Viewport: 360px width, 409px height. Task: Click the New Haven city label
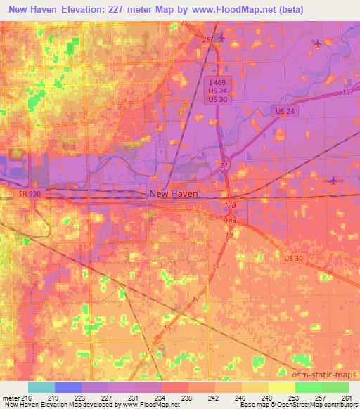[x=173, y=193]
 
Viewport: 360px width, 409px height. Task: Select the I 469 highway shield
[x=217, y=82]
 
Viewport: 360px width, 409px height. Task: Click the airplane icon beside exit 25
[x=221, y=37]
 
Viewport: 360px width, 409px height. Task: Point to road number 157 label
[x=347, y=93]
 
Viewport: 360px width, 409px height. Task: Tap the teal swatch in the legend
[x=41, y=387]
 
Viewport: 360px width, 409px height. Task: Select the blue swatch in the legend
[x=68, y=387]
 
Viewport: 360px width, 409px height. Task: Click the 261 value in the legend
[x=346, y=398]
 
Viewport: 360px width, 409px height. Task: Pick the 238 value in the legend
[x=185, y=398]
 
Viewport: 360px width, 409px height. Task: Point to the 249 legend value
[x=266, y=398]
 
